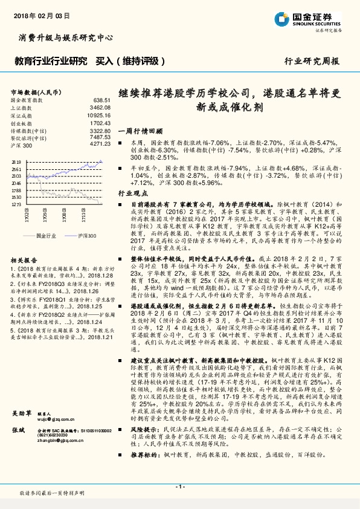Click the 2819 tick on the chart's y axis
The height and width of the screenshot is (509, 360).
[x=16, y=163]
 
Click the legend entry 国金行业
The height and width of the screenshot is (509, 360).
[x=46, y=234]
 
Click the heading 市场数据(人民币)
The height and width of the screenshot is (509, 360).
[x=36, y=92]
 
